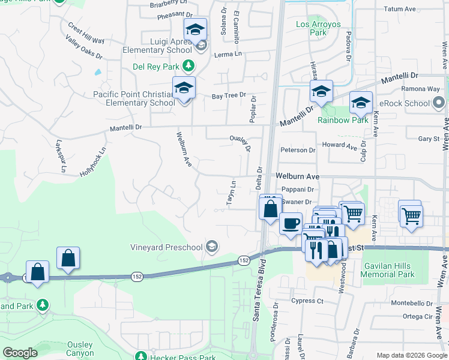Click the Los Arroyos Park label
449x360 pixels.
click(x=318, y=29)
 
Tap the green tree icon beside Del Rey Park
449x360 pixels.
click(x=188, y=65)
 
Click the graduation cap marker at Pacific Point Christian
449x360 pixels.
click(x=184, y=88)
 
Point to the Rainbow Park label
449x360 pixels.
click(x=343, y=120)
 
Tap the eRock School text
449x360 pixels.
click(x=408, y=103)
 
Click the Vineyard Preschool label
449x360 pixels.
click(x=167, y=247)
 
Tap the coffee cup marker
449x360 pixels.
click(x=291, y=223)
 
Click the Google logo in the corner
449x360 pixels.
click(x=20, y=353)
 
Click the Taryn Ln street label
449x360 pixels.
click(x=231, y=193)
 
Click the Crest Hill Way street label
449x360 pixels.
click(x=86, y=33)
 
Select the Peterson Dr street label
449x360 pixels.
click(x=298, y=150)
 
